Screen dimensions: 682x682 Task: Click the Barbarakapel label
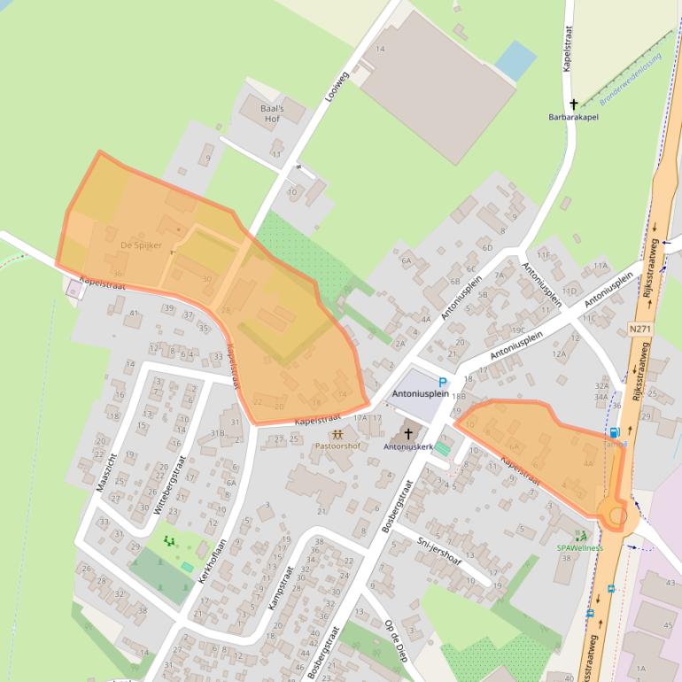pos(575,117)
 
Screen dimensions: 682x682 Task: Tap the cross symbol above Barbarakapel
pos(574,105)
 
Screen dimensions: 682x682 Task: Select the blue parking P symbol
pos(443,382)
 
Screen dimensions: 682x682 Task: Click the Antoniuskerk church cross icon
pos(408,434)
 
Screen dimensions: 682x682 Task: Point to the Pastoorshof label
pos(337,446)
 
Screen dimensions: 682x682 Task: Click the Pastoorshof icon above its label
pos(337,435)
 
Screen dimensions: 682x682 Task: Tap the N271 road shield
pos(639,329)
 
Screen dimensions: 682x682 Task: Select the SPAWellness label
pos(580,547)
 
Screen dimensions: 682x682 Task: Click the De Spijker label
pos(141,245)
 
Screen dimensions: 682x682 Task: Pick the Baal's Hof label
pos(270,113)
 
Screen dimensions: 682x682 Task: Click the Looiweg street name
pos(337,86)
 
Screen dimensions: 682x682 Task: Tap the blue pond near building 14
pos(515,59)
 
